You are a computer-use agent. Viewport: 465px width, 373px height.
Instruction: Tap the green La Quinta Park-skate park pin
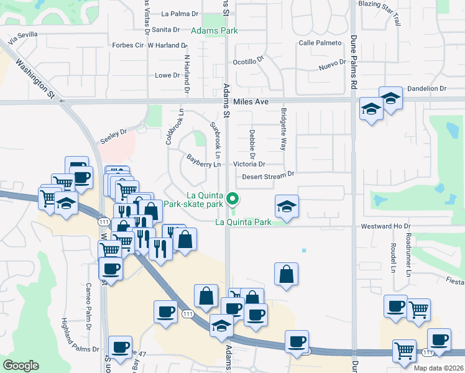233,200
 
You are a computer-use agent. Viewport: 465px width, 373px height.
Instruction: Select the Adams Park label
215,30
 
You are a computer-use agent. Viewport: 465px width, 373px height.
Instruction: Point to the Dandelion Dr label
426,89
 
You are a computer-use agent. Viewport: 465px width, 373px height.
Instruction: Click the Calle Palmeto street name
320,43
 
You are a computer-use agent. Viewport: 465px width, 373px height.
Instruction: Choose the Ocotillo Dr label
248,62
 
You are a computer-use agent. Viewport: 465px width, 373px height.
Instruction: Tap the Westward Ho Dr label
390,226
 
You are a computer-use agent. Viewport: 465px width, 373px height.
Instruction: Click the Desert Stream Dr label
268,176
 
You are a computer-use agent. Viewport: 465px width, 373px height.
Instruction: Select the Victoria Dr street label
249,164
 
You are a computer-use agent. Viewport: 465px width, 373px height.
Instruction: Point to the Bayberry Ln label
204,164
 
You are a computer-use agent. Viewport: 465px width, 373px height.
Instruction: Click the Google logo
21,366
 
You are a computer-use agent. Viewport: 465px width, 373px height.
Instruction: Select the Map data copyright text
438,368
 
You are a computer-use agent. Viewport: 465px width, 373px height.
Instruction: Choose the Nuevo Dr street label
332,65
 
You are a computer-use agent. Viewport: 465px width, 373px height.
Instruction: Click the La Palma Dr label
179,13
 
